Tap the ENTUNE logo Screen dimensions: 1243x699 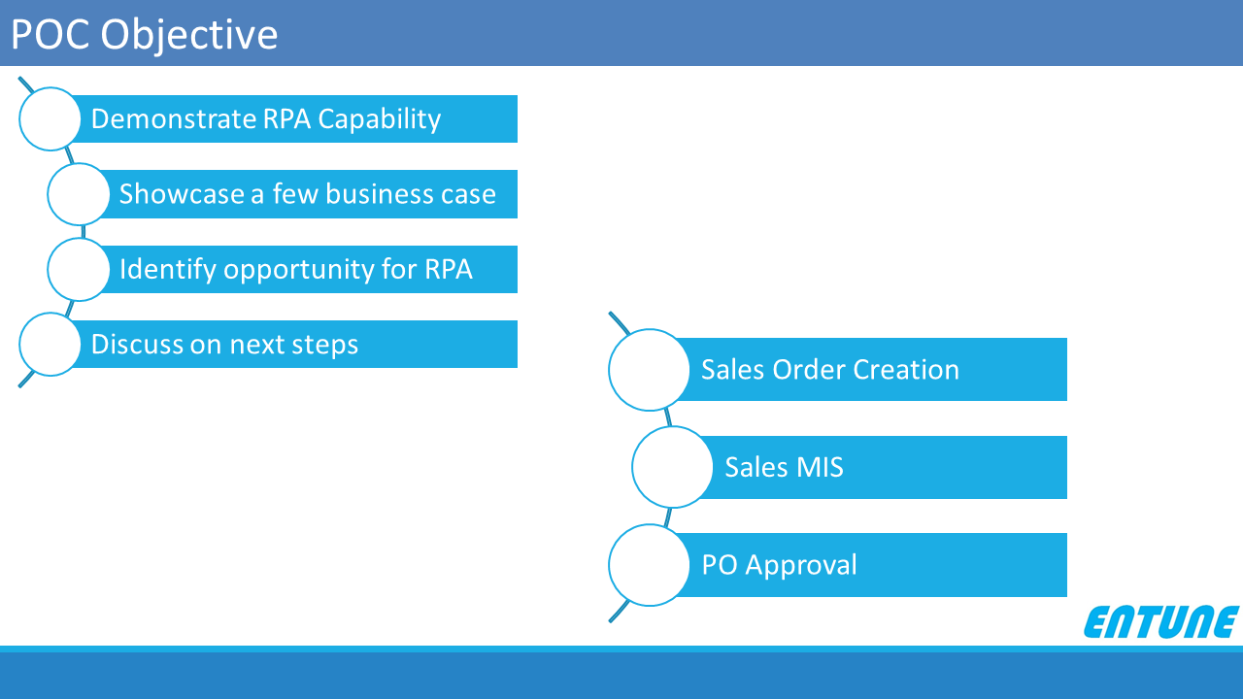point(1160,622)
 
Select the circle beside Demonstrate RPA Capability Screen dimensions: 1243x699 point(50,118)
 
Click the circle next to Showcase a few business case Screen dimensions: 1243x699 point(79,194)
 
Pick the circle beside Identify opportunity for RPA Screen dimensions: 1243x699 point(79,270)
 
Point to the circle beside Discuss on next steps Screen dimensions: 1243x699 point(50,344)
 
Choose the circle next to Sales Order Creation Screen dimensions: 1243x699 point(649,370)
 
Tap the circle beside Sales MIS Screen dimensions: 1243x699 point(672,467)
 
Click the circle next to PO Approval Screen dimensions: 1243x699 point(649,565)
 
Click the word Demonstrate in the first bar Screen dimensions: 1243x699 point(173,118)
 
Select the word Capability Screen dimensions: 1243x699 point(380,119)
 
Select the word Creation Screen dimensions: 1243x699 point(906,370)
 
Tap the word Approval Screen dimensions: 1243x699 point(801,566)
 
